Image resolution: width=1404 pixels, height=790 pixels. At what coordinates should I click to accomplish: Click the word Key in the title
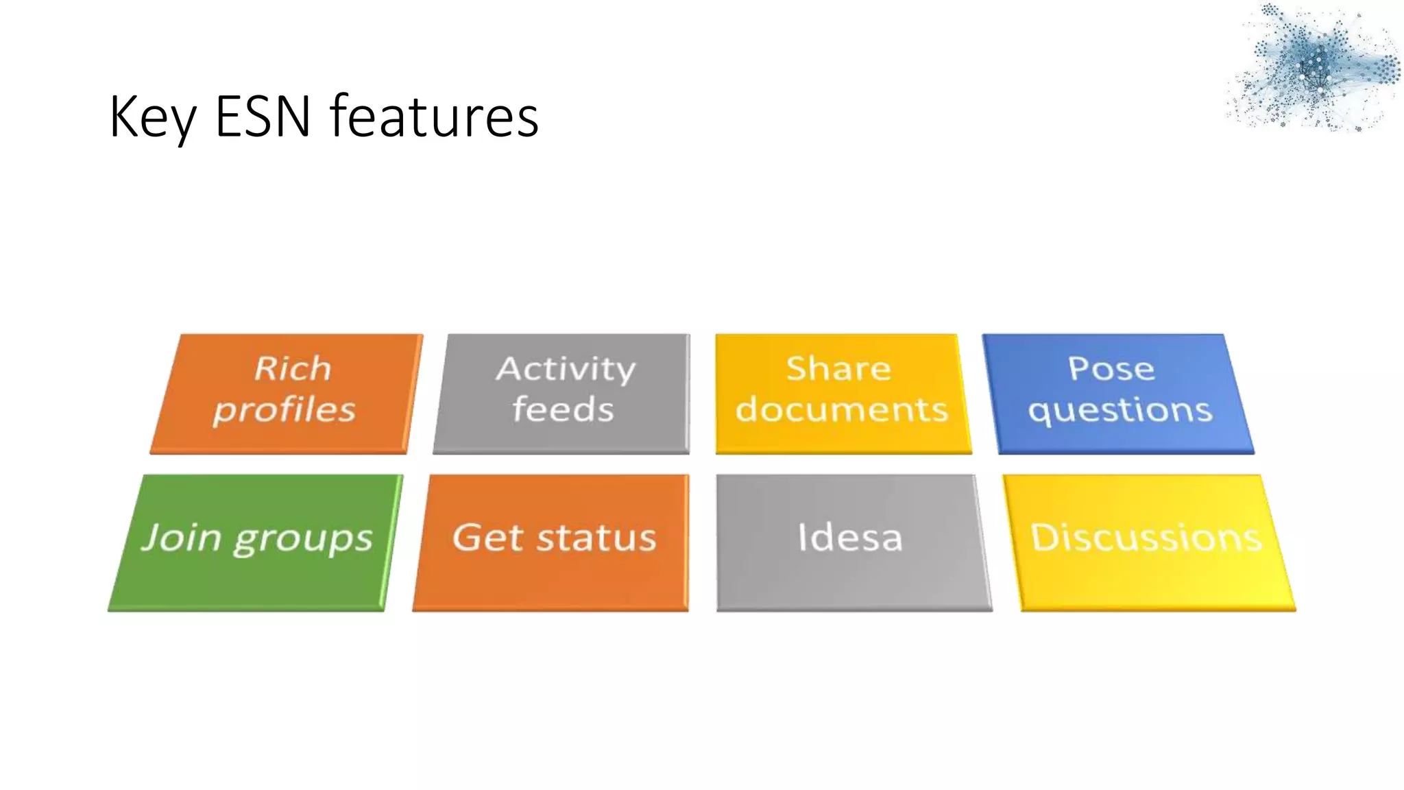pos(152,117)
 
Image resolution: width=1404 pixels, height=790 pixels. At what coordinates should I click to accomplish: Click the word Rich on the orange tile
pos(293,368)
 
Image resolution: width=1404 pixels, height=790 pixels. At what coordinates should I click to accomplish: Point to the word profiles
pos(285,410)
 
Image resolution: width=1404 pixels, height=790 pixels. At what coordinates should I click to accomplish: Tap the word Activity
pos(566,369)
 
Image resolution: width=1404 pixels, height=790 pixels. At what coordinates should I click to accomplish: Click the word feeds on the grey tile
pos(563,409)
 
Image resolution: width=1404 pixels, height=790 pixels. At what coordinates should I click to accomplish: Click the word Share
pos(838,368)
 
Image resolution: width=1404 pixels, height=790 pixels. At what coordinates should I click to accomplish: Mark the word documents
pos(842,409)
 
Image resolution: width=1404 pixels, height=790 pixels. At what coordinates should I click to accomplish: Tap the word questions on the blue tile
pos(1120,411)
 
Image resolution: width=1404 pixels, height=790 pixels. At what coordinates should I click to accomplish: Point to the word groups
pos(303,539)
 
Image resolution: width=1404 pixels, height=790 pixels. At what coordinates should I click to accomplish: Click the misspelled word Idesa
pos(850,537)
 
